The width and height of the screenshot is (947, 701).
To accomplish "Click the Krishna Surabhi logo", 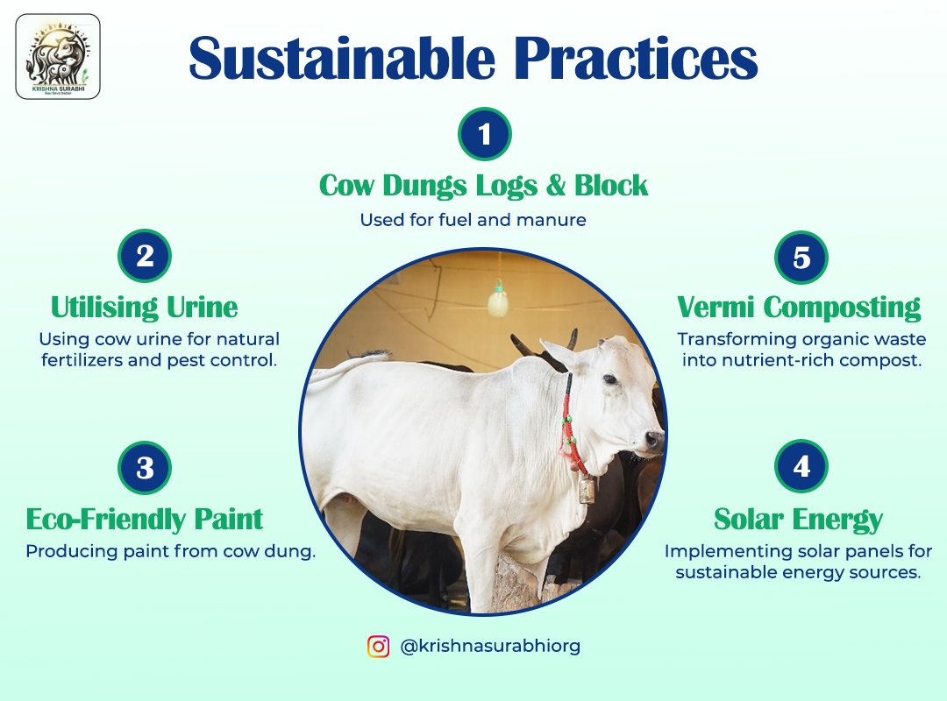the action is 58,57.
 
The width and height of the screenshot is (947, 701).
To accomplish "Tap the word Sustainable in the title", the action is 342,58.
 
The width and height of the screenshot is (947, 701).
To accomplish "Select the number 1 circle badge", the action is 484,133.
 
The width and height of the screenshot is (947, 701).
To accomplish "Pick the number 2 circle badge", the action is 145,255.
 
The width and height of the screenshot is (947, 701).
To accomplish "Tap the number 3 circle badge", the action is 145,467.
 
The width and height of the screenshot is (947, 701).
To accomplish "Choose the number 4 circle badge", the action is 801,466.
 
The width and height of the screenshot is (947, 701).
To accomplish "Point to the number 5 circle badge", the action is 801,258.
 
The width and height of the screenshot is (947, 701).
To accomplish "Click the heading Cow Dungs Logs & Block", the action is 483,186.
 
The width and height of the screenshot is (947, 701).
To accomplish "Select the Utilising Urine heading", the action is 145,308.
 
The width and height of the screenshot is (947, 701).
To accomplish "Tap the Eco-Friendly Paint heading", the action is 145,520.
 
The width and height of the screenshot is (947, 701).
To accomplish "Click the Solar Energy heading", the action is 799,520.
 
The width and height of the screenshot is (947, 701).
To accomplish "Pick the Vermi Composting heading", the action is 799,308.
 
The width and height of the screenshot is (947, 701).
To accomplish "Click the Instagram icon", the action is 379,647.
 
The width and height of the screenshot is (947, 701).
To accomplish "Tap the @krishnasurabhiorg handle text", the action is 490,646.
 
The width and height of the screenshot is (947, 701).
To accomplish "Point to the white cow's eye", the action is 610,379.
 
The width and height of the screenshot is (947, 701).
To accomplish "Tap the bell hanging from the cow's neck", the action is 586,488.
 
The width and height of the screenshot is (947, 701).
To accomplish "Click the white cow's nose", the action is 653,438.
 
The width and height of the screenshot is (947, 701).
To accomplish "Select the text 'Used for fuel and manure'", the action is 473,220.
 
